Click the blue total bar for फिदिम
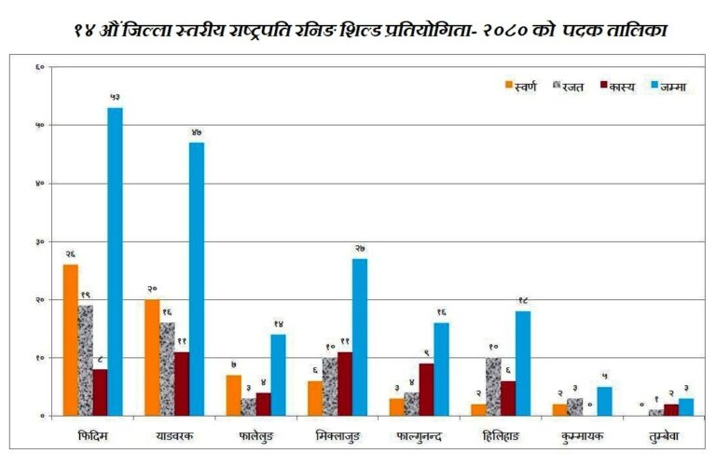[115, 261]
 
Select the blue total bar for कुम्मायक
[604, 401]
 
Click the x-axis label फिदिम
[92, 436]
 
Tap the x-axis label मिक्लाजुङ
[339, 436]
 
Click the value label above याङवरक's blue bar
[197, 133]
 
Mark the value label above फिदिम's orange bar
[70, 254]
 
